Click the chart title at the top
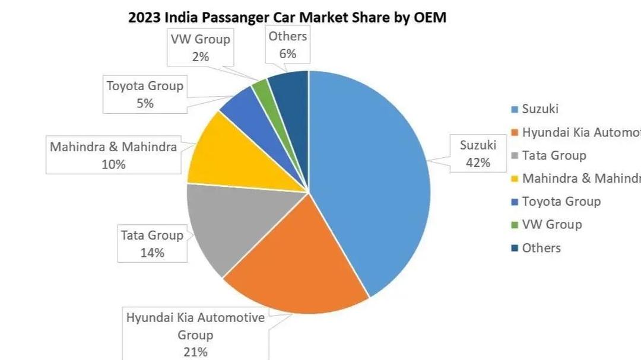pos(287,17)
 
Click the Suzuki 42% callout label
pos(478,154)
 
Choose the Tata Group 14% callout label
pos(152,244)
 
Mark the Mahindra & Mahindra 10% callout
pos(113,155)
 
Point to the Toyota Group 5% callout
pos(145,94)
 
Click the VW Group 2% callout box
pos(200,48)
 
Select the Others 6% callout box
pos(288,45)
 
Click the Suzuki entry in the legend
pos(540,109)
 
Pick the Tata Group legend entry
pos(554,155)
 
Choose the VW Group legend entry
pos(551,225)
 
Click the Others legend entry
pos(541,248)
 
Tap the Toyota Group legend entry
pos(561,202)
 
